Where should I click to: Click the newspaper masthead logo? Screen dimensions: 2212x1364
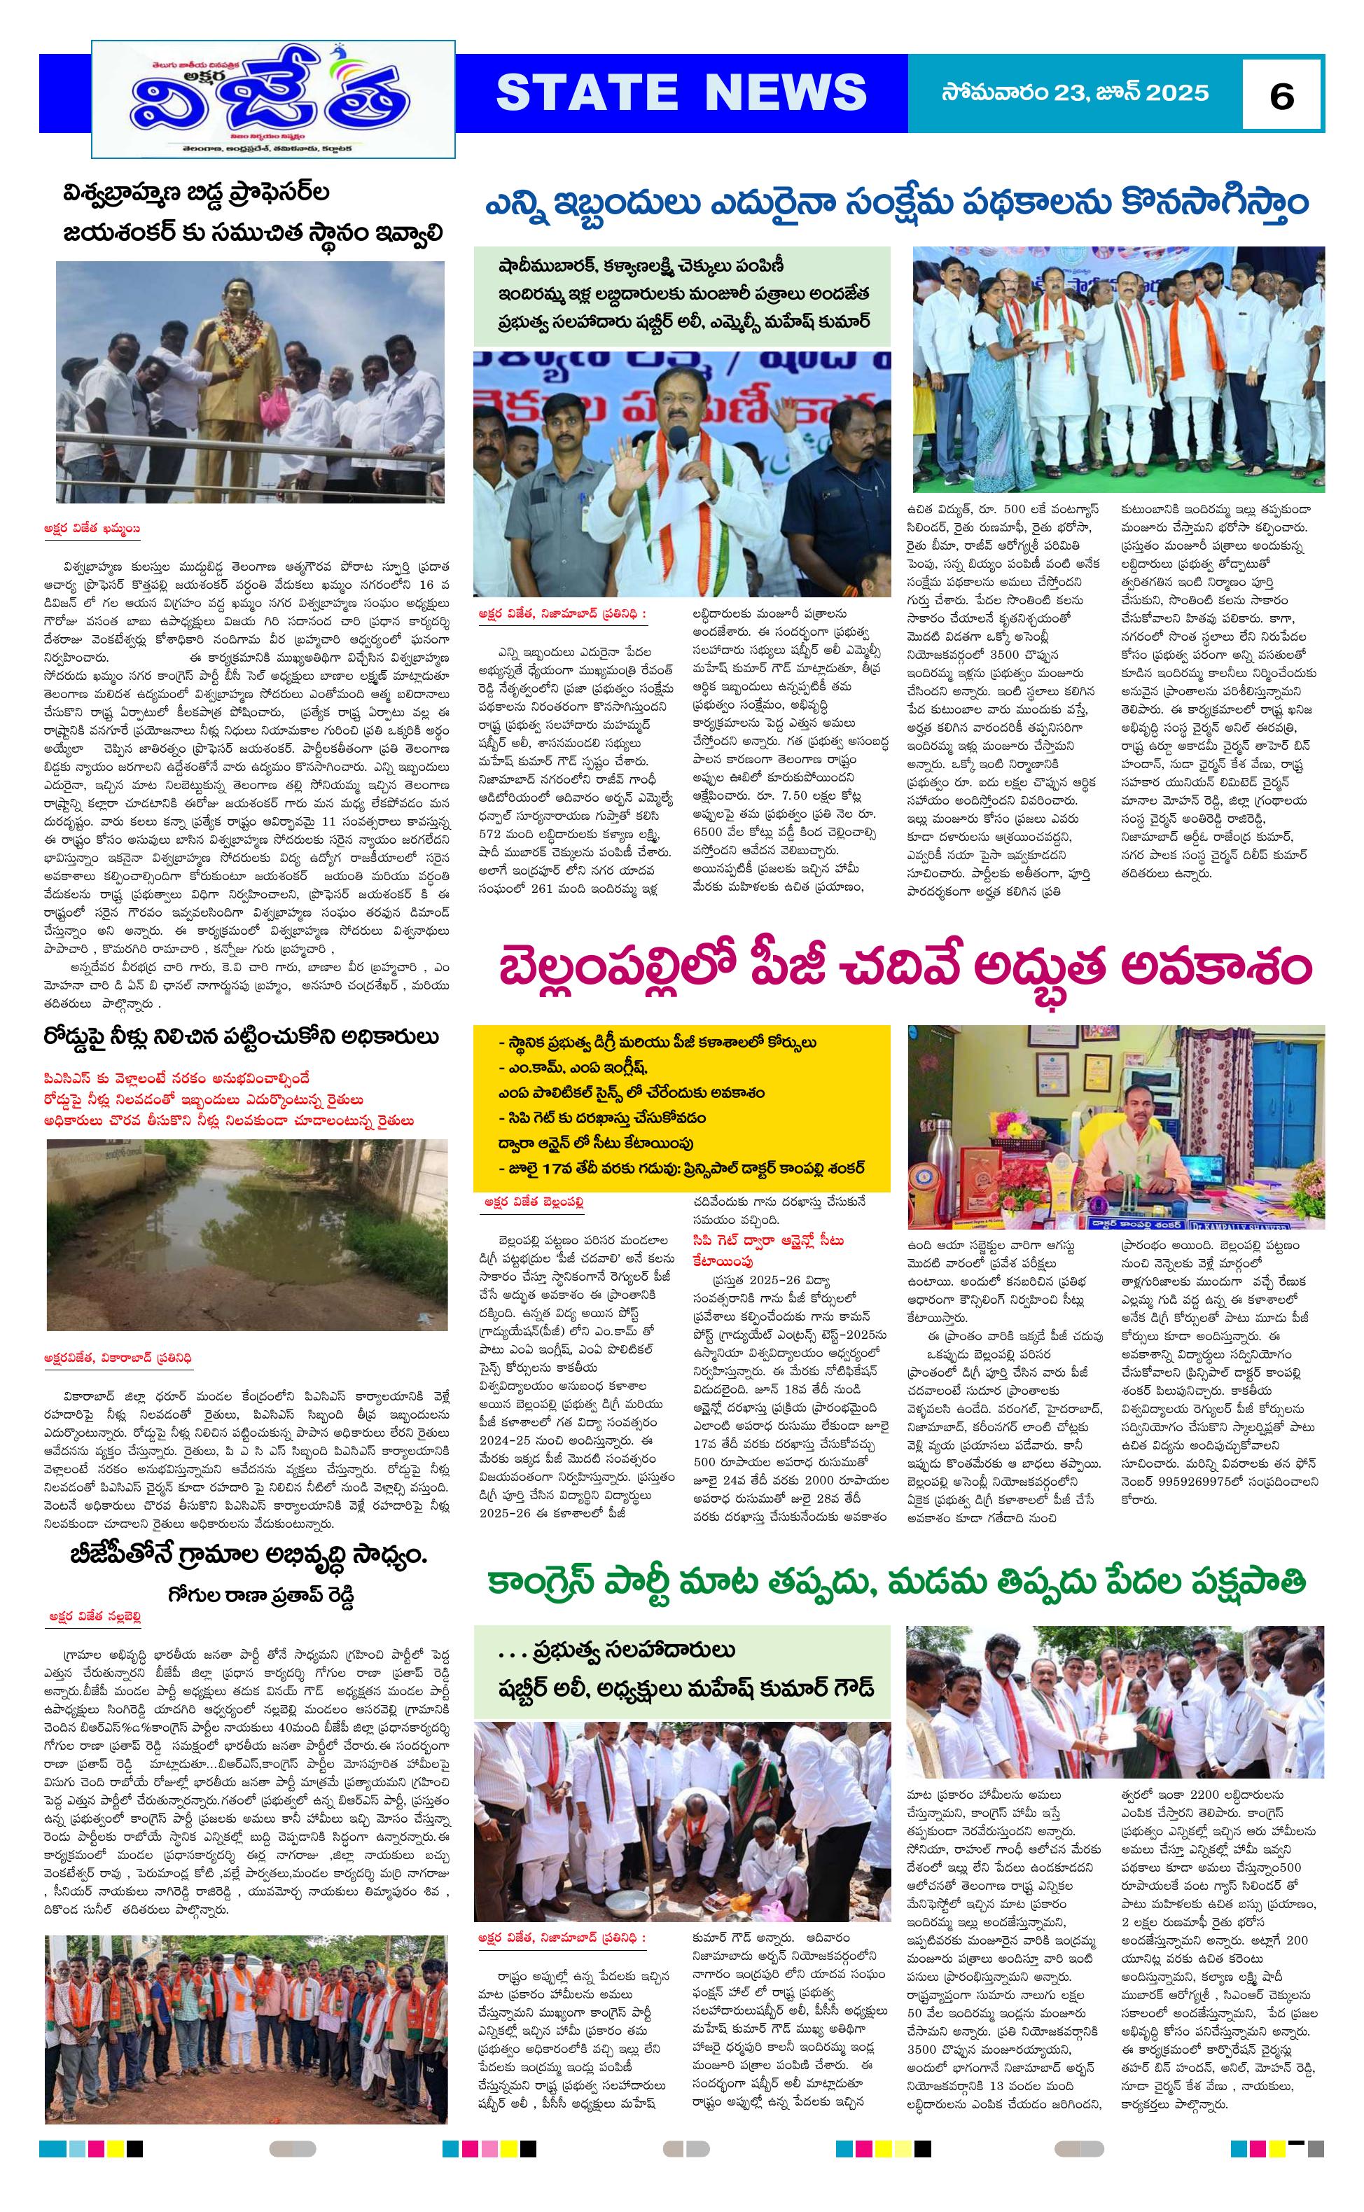tap(273, 99)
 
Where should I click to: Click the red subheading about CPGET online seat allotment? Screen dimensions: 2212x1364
tap(767, 1249)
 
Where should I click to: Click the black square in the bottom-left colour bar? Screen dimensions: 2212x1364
tap(134, 2174)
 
